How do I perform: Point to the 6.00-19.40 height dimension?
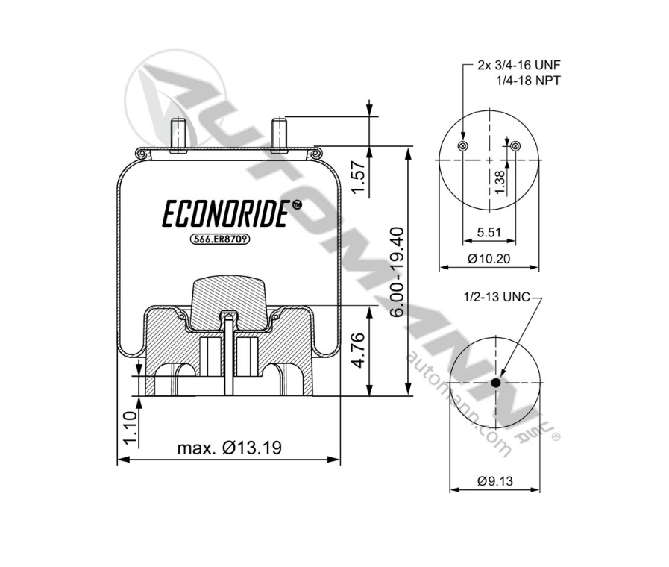(x=398, y=271)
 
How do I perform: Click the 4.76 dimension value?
(x=359, y=351)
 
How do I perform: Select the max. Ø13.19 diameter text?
(x=229, y=448)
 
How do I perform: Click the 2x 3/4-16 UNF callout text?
(x=518, y=66)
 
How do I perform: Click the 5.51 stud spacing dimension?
(x=489, y=232)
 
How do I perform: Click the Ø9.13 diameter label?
(x=496, y=481)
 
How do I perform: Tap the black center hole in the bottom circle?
(x=496, y=383)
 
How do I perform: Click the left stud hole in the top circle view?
(x=464, y=145)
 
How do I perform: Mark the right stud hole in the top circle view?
(x=516, y=145)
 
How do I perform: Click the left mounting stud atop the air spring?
(x=179, y=134)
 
